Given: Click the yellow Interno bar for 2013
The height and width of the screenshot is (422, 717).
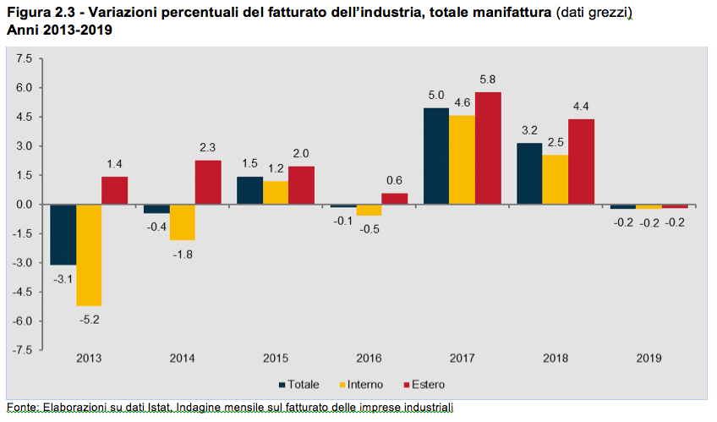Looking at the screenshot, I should click(x=89, y=255).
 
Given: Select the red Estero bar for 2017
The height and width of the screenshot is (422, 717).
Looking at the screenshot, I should click(x=488, y=148).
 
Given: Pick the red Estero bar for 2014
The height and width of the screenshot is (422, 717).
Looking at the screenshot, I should click(x=208, y=182).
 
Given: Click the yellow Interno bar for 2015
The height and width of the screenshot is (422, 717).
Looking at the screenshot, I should click(x=275, y=193).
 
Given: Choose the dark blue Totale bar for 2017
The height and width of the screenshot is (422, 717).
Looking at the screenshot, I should click(x=436, y=156).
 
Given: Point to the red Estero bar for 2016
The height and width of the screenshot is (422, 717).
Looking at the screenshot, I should click(x=394, y=199).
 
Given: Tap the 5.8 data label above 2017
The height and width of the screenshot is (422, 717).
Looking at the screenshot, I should click(x=488, y=79).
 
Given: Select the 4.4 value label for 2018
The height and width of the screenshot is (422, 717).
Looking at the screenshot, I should click(x=581, y=107).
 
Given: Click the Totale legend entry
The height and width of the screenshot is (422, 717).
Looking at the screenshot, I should click(x=298, y=385).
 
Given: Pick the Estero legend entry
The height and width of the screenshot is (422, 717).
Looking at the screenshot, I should click(x=422, y=385).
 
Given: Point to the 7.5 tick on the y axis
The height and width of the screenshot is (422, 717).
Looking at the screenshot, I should click(x=23, y=58).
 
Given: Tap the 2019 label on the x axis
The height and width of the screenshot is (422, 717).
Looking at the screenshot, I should click(x=649, y=359).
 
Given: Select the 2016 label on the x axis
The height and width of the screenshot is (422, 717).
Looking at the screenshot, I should click(x=369, y=359).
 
